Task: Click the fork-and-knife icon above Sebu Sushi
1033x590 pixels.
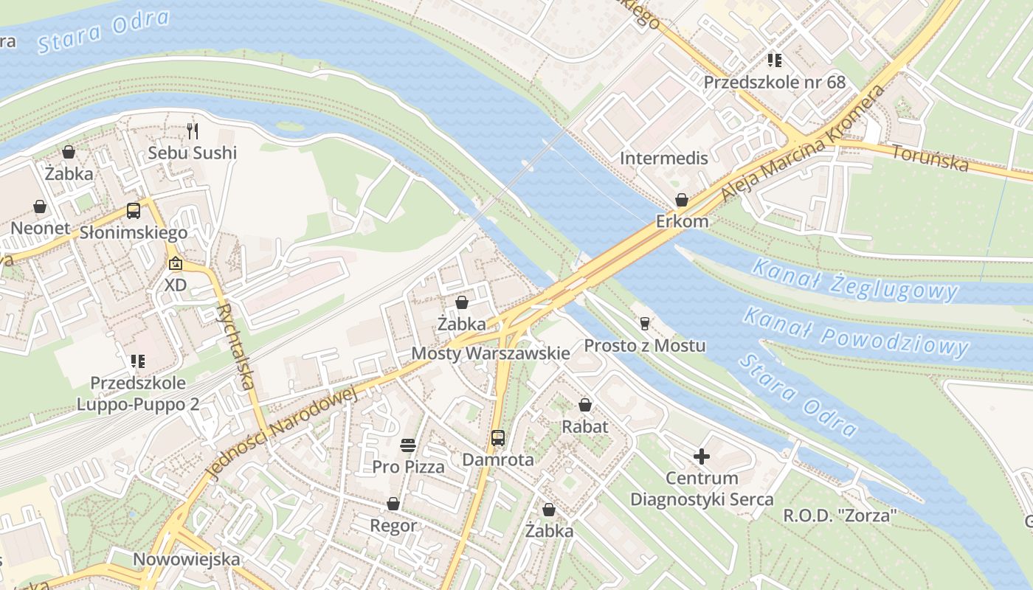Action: tap(193, 131)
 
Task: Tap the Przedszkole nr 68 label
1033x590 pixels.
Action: tap(774, 82)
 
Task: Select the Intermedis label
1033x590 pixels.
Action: tap(663, 158)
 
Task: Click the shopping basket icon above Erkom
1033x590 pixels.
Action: tap(682, 200)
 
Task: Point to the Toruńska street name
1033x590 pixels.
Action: tap(930, 157)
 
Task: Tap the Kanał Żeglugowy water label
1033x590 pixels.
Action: tap(854, 280)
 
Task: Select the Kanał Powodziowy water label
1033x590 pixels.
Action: tap(855, 333)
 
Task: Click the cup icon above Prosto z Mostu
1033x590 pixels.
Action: tap(644, 323)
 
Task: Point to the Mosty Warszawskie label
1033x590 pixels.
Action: tap(490, 353)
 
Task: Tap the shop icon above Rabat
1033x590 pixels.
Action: tap(585, 405)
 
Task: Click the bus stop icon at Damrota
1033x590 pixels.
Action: tap(498, 438)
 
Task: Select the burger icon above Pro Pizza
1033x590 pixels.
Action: tap(408, 445)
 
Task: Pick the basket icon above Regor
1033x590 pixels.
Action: tap(393, 504)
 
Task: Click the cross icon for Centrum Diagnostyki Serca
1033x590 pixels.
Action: tap(702, 457)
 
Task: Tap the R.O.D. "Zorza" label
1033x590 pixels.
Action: tap(840, 516)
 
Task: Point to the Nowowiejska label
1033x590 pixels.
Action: tap(186, 559)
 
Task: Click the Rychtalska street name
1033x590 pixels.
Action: tap(237, 347)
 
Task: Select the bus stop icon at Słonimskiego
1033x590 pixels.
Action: tap(134, 211)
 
